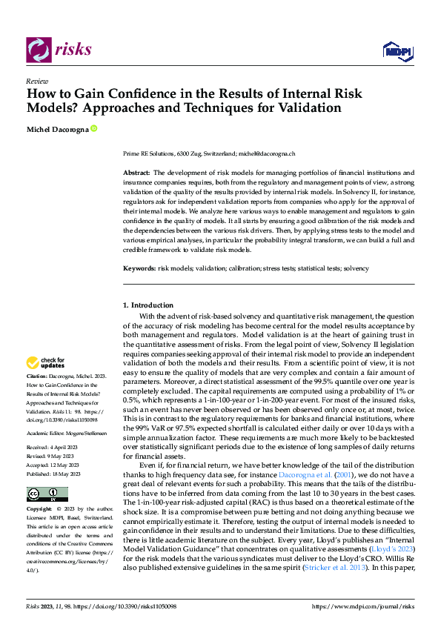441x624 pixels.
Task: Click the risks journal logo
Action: coord(59,49)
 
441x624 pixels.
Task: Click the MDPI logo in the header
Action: coord(397,50)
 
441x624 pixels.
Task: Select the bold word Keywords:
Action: coord(139,268)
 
